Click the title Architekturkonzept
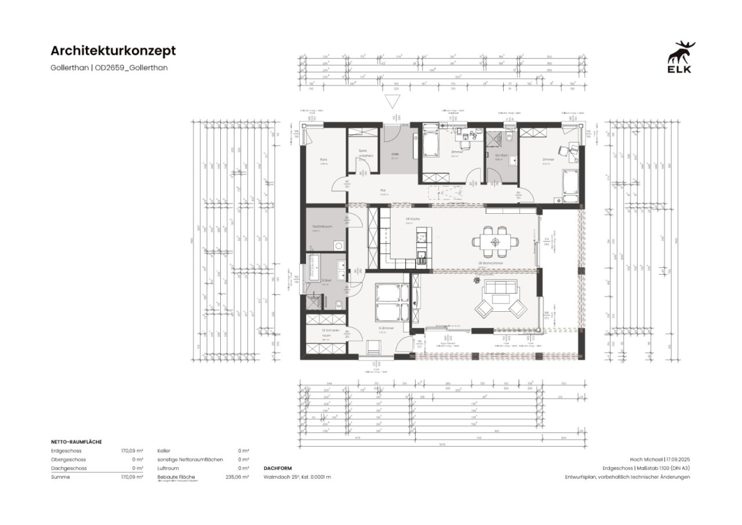(113, 51)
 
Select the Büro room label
(324, 159)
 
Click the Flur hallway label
(383, 189)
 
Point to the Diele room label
(394, 153)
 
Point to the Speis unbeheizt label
(365, 153)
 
